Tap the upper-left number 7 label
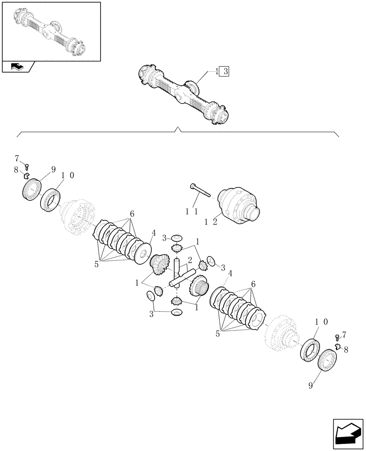[17, 158]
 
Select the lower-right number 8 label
[346, 349]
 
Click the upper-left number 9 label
[53, 170]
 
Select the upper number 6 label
[132, 213]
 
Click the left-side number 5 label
[96, 265]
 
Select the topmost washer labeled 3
[177, 238]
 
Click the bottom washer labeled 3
[177, 313]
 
